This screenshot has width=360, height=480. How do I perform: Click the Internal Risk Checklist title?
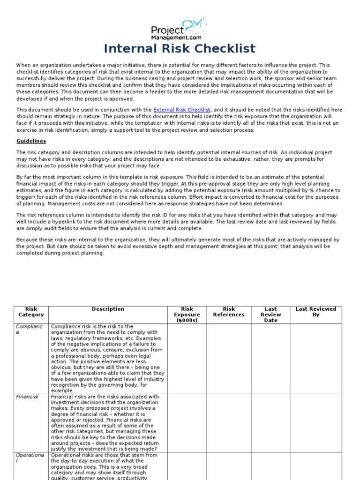tap(180, 49)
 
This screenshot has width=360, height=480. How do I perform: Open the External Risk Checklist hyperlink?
tap(182, 110)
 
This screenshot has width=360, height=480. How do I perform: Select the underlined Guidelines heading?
tap(31, 141)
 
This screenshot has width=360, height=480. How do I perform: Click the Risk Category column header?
tap(31, 312)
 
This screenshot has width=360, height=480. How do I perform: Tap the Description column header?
tap(108, 309)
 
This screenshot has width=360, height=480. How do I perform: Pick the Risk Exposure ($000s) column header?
tap(187, 315)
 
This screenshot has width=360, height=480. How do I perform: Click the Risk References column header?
tap(229, 312)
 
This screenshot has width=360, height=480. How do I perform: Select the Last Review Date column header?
tap(270, 315)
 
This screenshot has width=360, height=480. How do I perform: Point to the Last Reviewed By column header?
tap(315, 312)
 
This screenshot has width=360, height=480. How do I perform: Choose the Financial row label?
tap(27, 397)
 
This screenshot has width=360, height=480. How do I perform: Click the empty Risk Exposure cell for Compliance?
tap(187, 358)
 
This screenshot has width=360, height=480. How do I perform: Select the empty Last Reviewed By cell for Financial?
tap(315, 422)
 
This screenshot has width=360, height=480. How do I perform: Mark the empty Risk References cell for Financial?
tap(229, 422)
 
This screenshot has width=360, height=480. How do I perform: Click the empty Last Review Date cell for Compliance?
tap(270, 358)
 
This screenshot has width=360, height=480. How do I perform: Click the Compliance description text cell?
tap(108, 358)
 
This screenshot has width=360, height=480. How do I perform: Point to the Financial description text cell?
tap(108, 422)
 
